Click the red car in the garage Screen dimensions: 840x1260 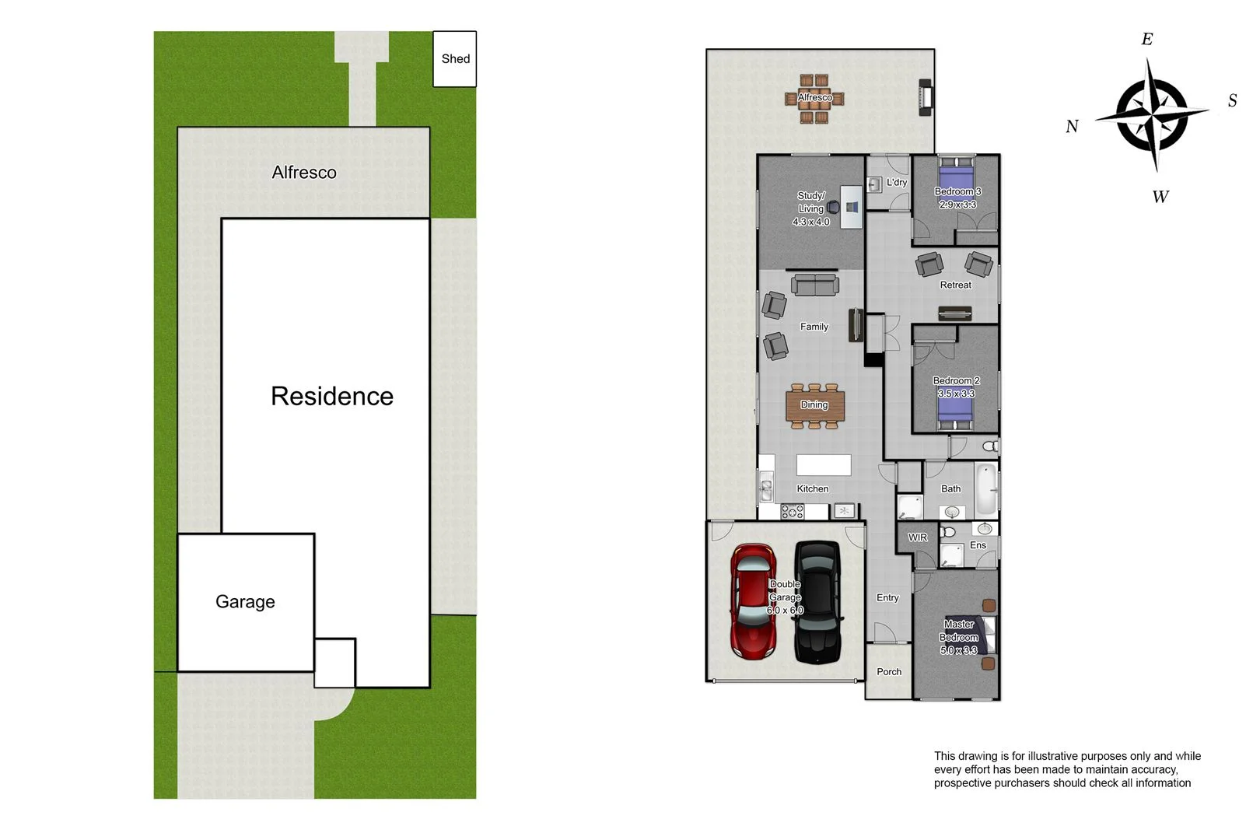(x=753, y=602)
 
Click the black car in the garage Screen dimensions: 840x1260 (x=817, y=602)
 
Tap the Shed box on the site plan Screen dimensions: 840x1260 (x=455, y=59)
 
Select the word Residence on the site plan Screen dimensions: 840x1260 (x=332, y=397)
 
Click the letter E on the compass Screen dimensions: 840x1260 (x=1146, y=40)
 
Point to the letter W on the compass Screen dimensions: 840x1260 (x=1160, y=198)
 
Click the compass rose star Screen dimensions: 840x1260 (x=1152, y=115)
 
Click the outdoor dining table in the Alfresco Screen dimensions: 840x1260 (x=814, y=98)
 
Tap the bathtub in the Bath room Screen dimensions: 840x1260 (x=985, y=488)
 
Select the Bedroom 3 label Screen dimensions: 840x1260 (x=957, y=191)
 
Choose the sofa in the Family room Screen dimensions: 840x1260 (x=815, y=285)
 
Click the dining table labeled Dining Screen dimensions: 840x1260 (x=814, y=405)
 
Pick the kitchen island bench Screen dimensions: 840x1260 (x=824, y=465)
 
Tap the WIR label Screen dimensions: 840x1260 (x=918, y=537)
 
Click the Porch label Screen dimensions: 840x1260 (x=889, y=672)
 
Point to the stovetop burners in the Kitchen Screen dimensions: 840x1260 (x=793, y=512)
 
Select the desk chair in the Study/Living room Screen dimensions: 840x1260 (x=833, y=207)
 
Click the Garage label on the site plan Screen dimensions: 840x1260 (x=245, y=602)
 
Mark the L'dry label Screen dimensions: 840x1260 (x=897, y=183)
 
